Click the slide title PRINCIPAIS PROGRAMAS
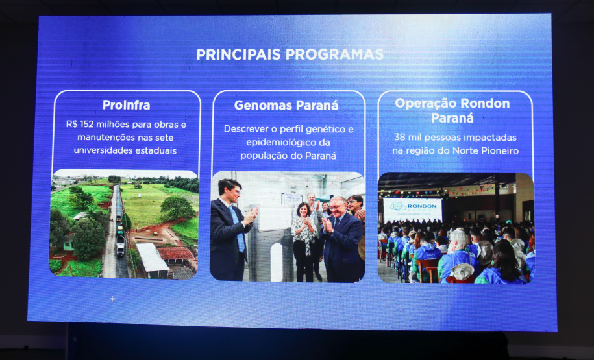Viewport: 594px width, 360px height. (290, 54)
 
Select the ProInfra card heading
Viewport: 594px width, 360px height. (126, 105)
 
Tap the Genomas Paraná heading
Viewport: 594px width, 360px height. (286, 105)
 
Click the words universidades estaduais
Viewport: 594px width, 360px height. (125, 150)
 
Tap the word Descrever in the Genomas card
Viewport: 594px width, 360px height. (245, 128)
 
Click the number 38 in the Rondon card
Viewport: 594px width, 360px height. (400, 138)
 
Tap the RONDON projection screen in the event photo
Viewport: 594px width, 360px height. (412, 209)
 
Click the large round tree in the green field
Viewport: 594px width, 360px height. (177, 208)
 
